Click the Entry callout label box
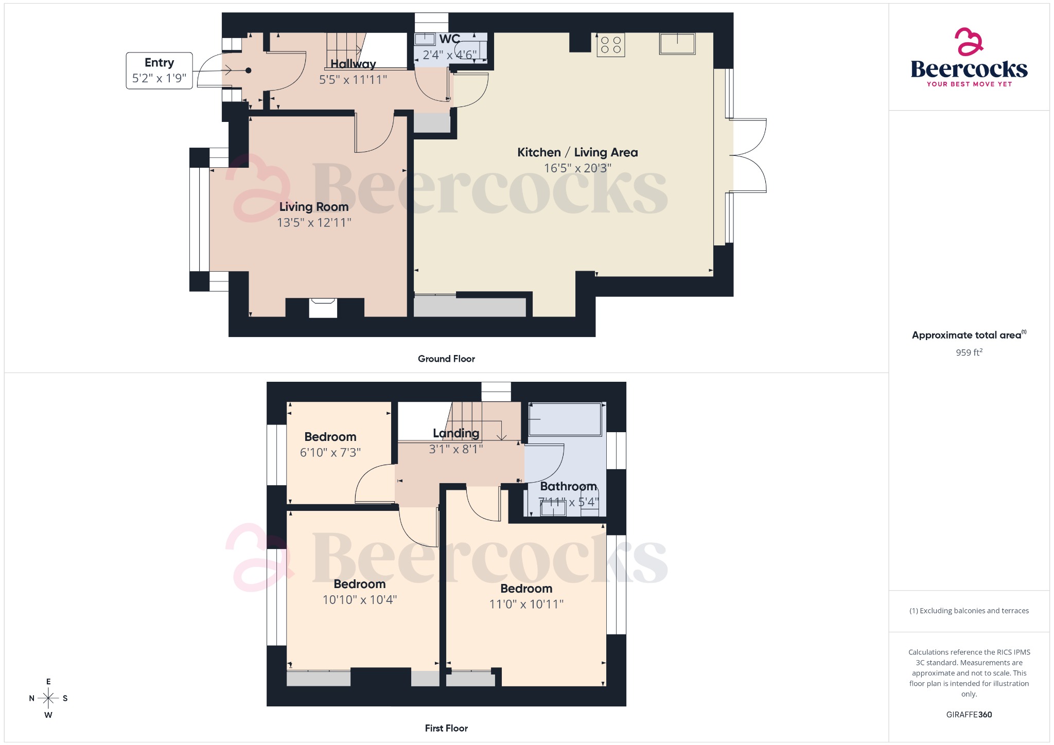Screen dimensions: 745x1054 pos(159,70)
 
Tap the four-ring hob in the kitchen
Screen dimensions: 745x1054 pos(610,45)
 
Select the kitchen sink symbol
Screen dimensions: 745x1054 pos(677,44)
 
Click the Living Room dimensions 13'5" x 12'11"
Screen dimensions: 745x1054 pos(314,223)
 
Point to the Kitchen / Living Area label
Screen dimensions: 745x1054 pos(577,152)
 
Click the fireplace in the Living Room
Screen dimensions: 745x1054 pos(323,308)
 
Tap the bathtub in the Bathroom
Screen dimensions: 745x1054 pos(565,419)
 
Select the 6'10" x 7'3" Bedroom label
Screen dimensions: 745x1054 pos(330,437)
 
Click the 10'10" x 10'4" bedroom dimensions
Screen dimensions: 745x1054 pos(359,600)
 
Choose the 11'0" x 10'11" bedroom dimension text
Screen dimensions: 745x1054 pos(526,605)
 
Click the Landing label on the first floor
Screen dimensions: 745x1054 pos(456,433)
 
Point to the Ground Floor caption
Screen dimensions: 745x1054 pos(446,359)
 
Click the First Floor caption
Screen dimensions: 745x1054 pos(446,728)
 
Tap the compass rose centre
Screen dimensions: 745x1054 pos(48,698)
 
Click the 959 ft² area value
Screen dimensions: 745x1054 pos(969,352)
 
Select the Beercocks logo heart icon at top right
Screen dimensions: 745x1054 pos(969,42)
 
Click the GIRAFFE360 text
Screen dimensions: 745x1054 pos(969,715)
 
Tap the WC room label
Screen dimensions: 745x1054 pos(449,39)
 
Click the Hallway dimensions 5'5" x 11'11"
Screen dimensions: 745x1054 pos(353,80)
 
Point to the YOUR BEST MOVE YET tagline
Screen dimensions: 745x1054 pos(969,84)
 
